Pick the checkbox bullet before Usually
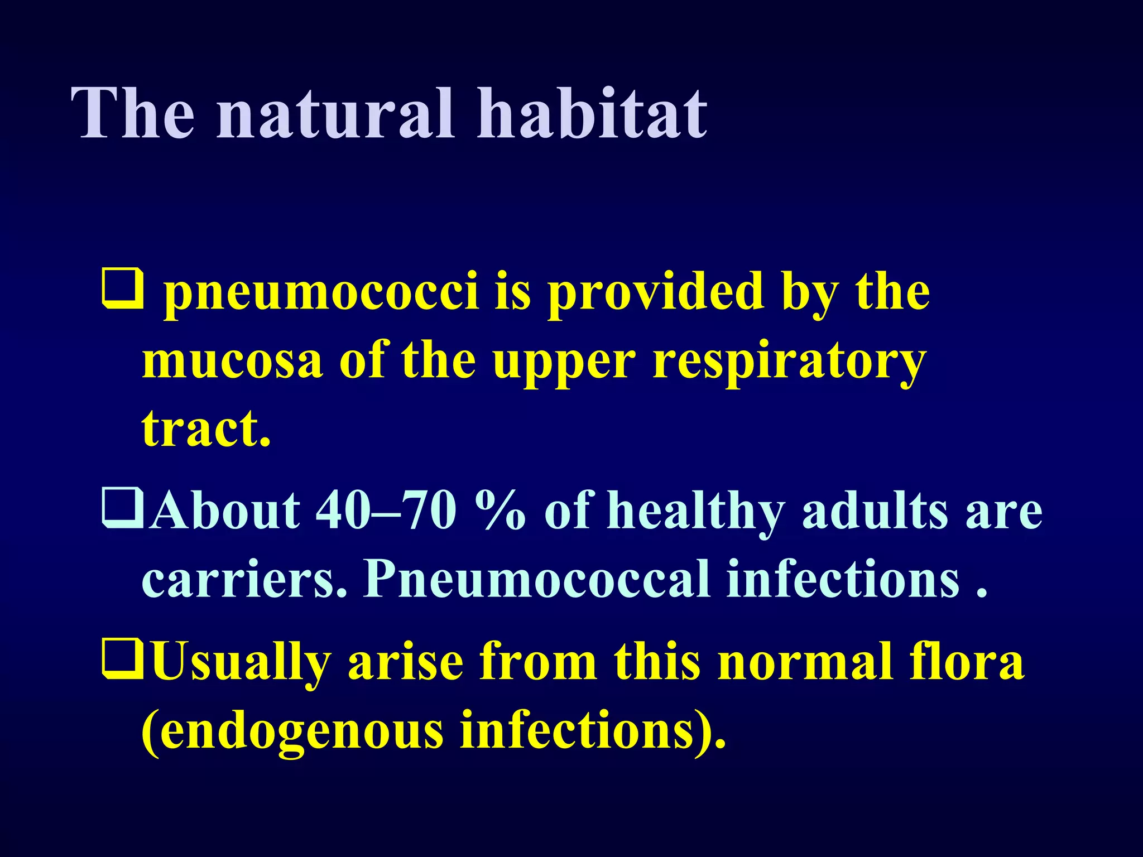[x=122, y=659]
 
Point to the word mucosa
[x=232, y=362]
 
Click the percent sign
[x=501, y=511]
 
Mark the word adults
[x=875, y=511]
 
